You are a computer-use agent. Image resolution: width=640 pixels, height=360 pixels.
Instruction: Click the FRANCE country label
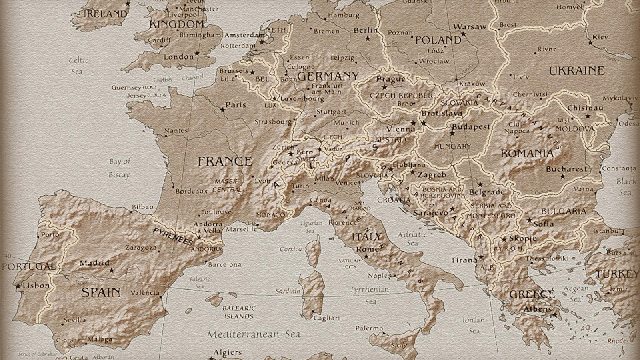[x=225, y=162]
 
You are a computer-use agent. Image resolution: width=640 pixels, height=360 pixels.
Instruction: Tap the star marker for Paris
[x=223, y=109]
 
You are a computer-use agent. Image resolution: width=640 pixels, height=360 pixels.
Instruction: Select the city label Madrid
[x=94, y=263]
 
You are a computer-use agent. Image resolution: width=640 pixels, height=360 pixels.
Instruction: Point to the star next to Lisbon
[x=18, y=286]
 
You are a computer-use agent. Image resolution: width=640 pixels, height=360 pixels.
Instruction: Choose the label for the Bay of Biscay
[x=119, y=168]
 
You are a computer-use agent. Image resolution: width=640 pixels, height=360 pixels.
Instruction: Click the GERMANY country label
[x=328, y=76]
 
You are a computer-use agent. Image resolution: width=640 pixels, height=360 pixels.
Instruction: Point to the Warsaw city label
[x=470, y=27]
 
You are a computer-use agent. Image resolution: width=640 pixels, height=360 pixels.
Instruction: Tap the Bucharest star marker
[x=563, y=176]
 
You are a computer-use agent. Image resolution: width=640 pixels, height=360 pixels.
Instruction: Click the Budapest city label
[x=471, y=127]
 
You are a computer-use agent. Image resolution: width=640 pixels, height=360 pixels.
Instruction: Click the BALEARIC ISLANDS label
[x=239, y=312]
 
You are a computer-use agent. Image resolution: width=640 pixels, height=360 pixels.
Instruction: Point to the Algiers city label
[x=228, y=352]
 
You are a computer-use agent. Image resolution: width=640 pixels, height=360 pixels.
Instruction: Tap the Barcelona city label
[x=225, y=264]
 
